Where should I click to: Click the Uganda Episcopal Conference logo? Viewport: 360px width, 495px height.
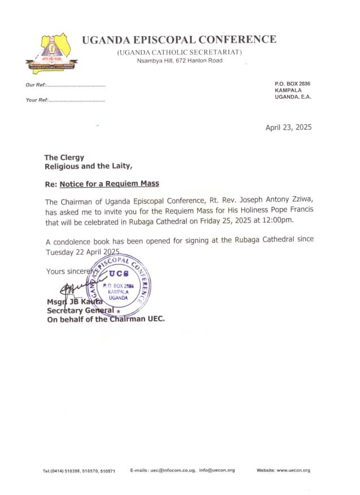pos(51,52)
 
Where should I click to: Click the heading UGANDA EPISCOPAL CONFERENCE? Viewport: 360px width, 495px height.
pos(179,39)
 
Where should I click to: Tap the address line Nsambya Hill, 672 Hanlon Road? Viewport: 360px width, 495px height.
pos(179,60)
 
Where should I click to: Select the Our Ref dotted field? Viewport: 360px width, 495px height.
pos(74,85)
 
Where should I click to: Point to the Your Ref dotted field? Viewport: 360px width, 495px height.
pos(76,100)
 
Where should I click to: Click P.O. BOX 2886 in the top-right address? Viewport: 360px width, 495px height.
pos(292,83)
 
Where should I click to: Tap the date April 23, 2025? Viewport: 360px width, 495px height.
pos(288,127)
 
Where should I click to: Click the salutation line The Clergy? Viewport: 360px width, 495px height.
pos(64,158)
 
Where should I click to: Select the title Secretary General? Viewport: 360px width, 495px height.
pos(80,311)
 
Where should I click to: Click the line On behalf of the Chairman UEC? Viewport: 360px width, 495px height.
pos(106,319)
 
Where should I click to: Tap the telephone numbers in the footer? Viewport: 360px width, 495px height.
pos(79,471)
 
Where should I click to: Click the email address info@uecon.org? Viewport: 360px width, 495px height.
pos(217,470)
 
